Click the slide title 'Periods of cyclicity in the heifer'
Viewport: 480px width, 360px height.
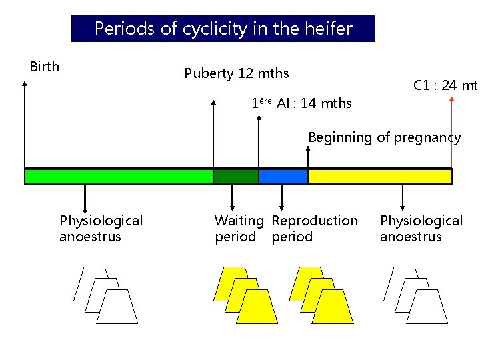click(x=223, y=29)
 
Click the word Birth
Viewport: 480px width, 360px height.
click(x=45, y=67)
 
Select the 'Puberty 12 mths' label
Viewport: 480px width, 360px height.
click(x=236, y=73)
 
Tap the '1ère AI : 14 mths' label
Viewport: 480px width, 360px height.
click(x=301, y=103)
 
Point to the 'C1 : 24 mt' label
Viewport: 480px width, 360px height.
click(x=445, y=85)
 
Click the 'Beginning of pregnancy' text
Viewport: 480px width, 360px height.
click(x=384, y=138)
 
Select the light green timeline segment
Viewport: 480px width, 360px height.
click(x=119, y=177)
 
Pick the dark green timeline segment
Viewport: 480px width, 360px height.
click(x=235, y=177)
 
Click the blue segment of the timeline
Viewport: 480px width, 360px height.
click(x=283, y=177)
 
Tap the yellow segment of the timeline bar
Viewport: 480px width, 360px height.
click(x=379, y=177)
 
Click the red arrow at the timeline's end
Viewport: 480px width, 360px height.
click(x=452, y=133)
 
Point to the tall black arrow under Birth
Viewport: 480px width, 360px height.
click(x=25, y=127)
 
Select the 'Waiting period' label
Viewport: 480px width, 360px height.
click(x=239, y=229)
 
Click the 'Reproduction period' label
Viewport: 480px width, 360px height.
click(x=315, y=229)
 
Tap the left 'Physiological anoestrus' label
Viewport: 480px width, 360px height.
click(x=101, y=229)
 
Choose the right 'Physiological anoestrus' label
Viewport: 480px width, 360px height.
click(x=421, y=229)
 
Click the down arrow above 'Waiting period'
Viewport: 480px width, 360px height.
click(x=233, y=197)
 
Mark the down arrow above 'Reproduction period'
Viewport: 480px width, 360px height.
click(x=281, y=197)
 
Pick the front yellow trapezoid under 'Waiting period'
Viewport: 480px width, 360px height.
click(x=257, y=308)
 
